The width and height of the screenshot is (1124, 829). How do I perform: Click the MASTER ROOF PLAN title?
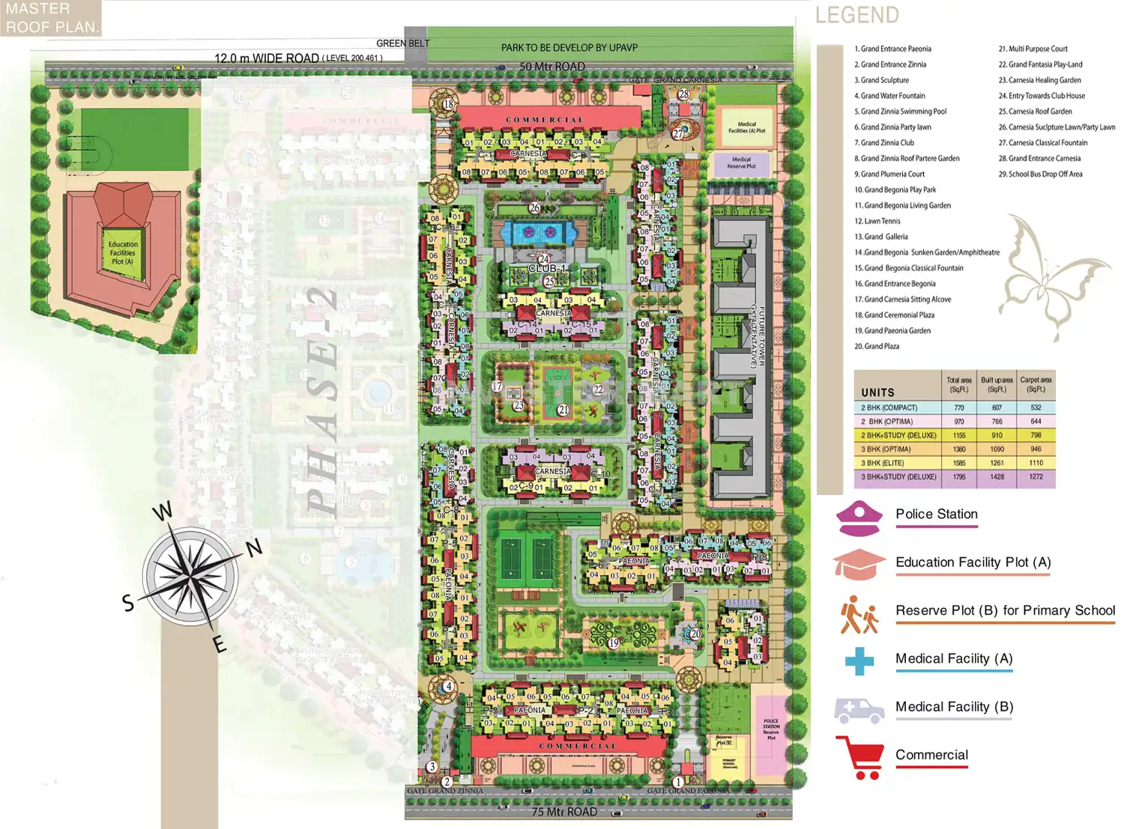[50, 18]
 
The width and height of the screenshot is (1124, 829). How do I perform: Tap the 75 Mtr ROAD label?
[564, 812]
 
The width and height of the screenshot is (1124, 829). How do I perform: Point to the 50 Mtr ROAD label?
[552, 67]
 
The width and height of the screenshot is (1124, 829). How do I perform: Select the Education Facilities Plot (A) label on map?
[123, 253]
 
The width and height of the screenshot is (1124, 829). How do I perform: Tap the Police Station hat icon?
[859, 519]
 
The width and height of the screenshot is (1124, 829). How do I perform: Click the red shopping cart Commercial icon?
[859, 757]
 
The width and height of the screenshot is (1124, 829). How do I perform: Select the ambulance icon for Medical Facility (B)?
[859, 709]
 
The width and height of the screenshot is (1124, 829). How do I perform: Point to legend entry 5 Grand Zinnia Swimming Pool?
[904, 112]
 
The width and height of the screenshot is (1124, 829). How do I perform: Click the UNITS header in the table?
[877, 392]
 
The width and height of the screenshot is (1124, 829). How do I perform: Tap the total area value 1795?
[959, 477]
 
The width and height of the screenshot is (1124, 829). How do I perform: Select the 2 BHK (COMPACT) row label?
[889, 408]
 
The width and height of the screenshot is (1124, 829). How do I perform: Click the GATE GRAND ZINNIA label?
[445, 791]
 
